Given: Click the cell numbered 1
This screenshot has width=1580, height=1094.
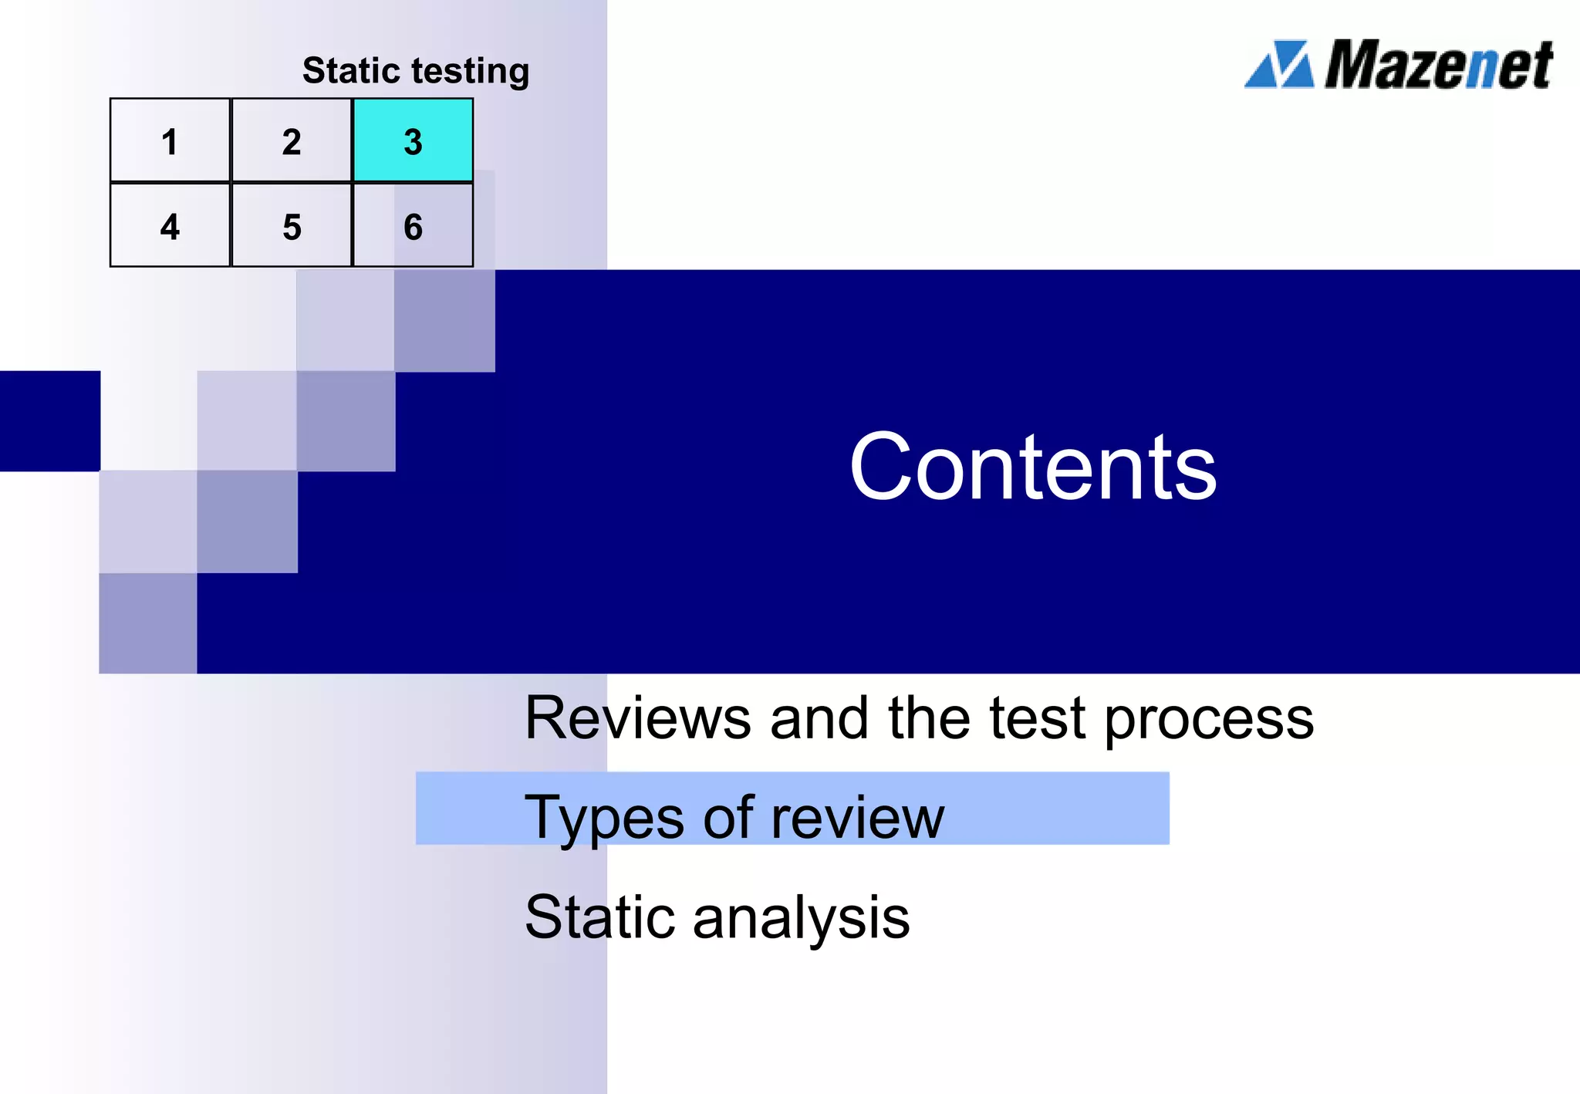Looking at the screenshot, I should (x=170, y=141).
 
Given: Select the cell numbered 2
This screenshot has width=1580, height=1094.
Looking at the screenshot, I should (x=292, y=141).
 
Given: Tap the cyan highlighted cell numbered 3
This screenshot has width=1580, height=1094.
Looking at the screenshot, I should (x=413, y=141).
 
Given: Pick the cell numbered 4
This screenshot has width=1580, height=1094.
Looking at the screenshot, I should (x=170, y=226).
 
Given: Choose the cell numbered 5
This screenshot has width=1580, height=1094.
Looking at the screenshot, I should (x=292, y=226).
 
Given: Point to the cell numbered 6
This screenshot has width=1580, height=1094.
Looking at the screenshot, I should (x=413, y=226).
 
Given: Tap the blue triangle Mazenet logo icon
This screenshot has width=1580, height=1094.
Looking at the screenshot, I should (x=1279, y=65).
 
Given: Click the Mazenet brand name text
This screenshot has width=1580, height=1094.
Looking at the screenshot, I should (x=1439, y=65).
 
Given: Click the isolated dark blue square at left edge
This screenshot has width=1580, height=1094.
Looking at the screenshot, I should (x=49, y=421).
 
